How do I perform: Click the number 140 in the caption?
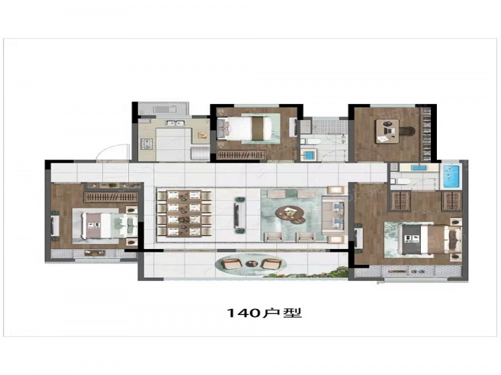[x=243, y=313]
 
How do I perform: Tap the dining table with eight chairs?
[x=184, y=214]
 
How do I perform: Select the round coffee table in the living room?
[x=290, y=213]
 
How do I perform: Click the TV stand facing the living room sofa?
[x=240, y=214]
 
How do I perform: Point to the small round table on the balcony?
[x=251, y=264]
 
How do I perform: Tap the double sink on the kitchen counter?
[x=174, y=122]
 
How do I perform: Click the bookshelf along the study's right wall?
[x=427, y=134]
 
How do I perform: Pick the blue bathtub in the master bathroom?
[x=451, y=176]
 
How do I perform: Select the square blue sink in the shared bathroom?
[x=309, y=155]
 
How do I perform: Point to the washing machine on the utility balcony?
[x=164, y=109]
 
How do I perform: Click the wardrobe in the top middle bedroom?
[x=242, y=155]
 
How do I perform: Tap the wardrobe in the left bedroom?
[x=110, y=197]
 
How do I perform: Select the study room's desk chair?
[x=406, y=131]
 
